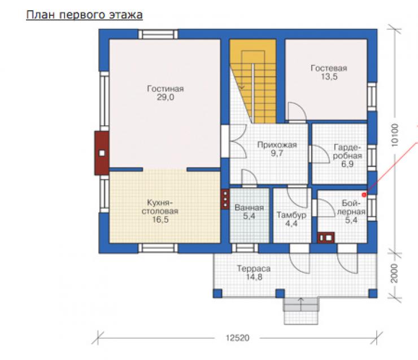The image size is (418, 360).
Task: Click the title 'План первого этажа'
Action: (x=84, y=15)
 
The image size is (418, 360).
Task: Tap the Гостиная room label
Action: (x=166, y=89)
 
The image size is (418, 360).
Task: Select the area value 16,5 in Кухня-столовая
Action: (x=160, y=219)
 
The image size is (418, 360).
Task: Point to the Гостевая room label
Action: (x=329, y=68)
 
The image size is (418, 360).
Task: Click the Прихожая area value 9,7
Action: (x=277, y=153)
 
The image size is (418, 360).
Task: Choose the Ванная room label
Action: (x=249, y=208)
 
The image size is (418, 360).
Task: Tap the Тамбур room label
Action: (x=291, y=215)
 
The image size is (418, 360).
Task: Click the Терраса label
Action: (x=254, y=269)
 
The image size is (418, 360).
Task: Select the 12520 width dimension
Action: (x=237, y=338)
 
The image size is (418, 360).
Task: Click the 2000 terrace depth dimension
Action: (x=394, y=274)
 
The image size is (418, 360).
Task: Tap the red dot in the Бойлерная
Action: (x=364, y=195)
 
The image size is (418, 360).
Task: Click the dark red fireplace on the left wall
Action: (x=102, y=153)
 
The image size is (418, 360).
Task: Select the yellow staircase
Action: (x=256, y=81)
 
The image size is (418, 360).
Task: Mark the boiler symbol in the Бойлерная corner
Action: (x=326, y=238)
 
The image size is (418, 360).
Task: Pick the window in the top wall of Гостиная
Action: (x=158, y=34)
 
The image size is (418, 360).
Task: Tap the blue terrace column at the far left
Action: (x=217, y=293)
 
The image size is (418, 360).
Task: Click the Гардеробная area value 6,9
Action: (x=347, y=164)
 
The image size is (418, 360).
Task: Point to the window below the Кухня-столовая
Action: (x=158, y=248)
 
